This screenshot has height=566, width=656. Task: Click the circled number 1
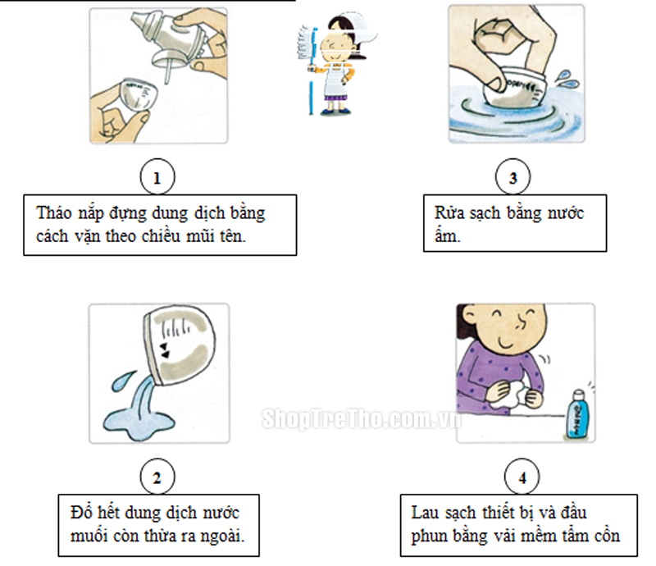point(157,177)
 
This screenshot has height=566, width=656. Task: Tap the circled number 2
point(157,477)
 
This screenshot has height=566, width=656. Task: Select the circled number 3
point(513,177)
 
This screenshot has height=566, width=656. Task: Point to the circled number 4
point(522,477)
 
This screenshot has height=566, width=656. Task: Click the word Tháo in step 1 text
point(54,212)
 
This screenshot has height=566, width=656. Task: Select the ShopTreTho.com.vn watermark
point(361,418)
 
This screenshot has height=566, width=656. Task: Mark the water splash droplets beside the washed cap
point(567,80)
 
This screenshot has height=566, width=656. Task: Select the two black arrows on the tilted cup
point(165,350)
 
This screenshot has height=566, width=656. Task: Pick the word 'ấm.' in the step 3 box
point(447,235)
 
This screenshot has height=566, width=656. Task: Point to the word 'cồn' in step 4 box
point(605,536)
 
